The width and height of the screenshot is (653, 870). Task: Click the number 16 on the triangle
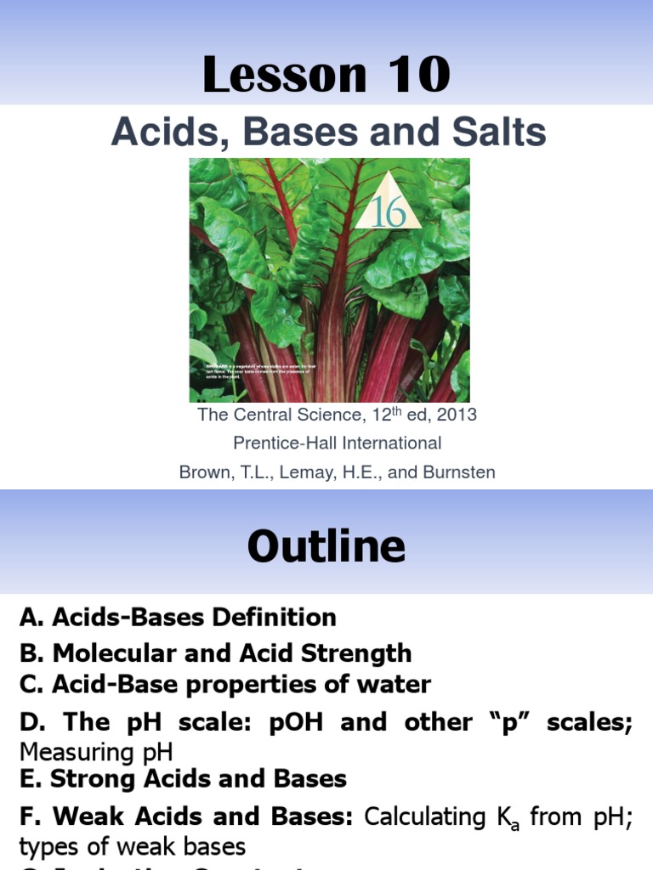point(389,212)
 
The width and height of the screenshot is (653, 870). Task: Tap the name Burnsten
point(462,472)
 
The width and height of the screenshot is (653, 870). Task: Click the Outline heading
point(326,546)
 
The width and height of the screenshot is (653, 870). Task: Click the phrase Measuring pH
point(95,753)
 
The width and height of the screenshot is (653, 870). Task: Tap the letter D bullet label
point(30,722)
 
